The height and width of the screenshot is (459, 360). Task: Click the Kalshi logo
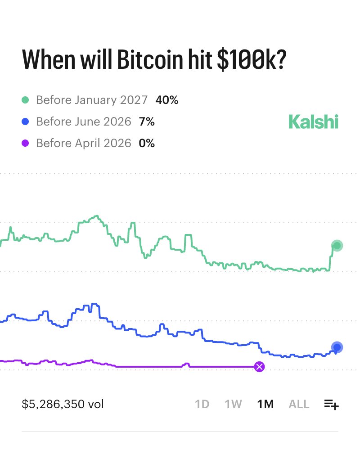click(x=313, y=121)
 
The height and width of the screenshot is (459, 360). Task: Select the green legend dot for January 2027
click(x=26, y=100)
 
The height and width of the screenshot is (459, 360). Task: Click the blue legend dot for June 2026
click(x=26, y=121)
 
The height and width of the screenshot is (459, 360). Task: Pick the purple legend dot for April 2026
click(x=26, y=143)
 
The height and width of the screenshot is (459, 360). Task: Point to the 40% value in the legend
click(x=167, y=100)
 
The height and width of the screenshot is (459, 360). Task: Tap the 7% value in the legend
click(x=147, y=121)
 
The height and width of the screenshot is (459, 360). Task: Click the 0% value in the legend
click(x=147, y=143)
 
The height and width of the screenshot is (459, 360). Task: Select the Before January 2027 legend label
click(x=92, y=100)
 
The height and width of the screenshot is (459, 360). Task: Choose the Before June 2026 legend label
click(x=84, y=121)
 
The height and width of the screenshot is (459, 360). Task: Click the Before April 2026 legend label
click(x=84, y=143)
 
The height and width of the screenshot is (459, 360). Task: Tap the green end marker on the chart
click(x=337, y=245)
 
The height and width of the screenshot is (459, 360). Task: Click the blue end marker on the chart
click(x=337, y=347)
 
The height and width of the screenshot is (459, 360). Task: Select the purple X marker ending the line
click(x=259, y=367)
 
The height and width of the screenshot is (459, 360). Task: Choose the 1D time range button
click(x=202, y=404)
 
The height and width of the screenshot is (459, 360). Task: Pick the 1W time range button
click(x=234, y=404)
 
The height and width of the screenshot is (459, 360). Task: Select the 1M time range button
click(x=265, y=404)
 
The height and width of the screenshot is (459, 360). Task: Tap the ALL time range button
click(x=299, y=404)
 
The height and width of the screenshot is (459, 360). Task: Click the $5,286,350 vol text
click(x=63, y=404)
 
